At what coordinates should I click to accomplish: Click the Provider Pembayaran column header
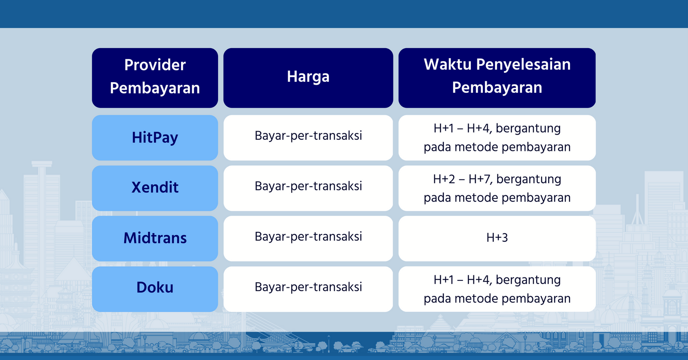tap(155, 78)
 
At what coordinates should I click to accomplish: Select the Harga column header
tap(308, 78)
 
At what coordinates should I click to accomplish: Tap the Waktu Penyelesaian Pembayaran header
tap(497, 78)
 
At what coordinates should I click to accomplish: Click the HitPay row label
tap(155, 138)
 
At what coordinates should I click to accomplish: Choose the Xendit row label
tap(155, 188)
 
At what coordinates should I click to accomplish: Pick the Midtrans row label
tap(155, 238)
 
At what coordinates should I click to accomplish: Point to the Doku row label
tap(155, 289)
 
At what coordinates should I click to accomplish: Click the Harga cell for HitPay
tap(308, 138)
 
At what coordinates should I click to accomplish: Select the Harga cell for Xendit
tap(308, 188)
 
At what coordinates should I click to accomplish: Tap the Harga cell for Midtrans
tap(308, 238)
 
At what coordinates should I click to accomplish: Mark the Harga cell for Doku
tap(308, 289)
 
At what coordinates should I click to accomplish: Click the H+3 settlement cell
tap(497, 238)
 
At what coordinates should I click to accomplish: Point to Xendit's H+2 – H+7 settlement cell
tap(497, 188)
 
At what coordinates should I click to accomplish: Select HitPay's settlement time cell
tap(497, 138)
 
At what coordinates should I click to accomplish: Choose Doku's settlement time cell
tap(497, 289)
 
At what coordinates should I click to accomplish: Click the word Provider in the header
tap(155, 65)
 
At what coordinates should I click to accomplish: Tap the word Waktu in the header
tap(448, 65)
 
